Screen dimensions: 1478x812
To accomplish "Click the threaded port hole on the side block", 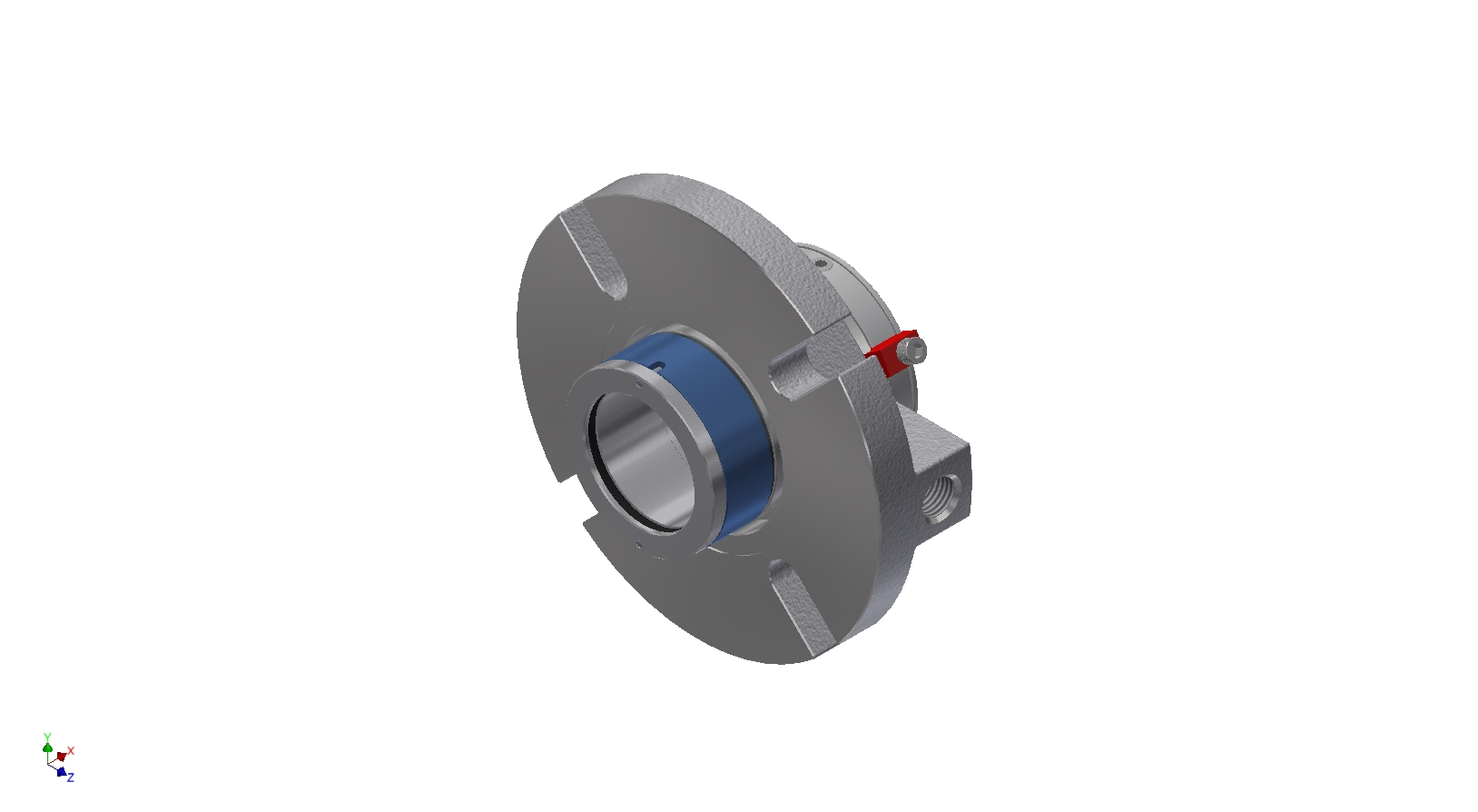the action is (x=943, y=497).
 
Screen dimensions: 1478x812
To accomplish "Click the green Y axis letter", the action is (x=47, y=737).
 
